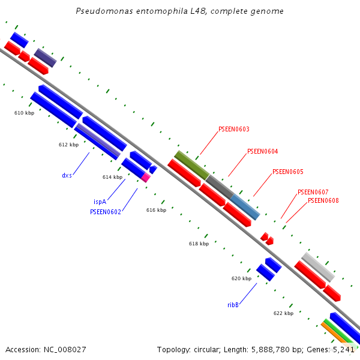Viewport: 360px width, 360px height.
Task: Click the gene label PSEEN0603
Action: pos(234,129)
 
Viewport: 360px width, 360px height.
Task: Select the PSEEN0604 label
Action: pos(262,151)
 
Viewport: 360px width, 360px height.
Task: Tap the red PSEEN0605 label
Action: pos(287,172)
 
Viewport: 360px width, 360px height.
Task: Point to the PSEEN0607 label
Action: pos(313,192)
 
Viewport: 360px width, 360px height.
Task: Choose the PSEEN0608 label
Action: pos(323,200)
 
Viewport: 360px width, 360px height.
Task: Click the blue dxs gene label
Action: pos(67,175)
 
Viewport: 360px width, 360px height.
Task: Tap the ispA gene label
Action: pos(100,202)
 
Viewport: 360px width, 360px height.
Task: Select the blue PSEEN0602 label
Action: pos(106,211)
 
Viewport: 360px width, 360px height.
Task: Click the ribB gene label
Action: pos(233,305)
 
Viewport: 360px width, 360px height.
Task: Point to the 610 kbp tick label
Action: pos(24,113)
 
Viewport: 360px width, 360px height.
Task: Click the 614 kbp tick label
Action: pos(112,177)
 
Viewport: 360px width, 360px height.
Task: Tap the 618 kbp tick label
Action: pos(199,244)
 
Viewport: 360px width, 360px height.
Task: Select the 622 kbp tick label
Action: pos(283,313)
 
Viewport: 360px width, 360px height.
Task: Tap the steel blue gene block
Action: pos(245,206)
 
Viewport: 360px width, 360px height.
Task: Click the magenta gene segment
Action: pos(146,178)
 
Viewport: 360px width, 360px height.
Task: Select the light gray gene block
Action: pos(317,267)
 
